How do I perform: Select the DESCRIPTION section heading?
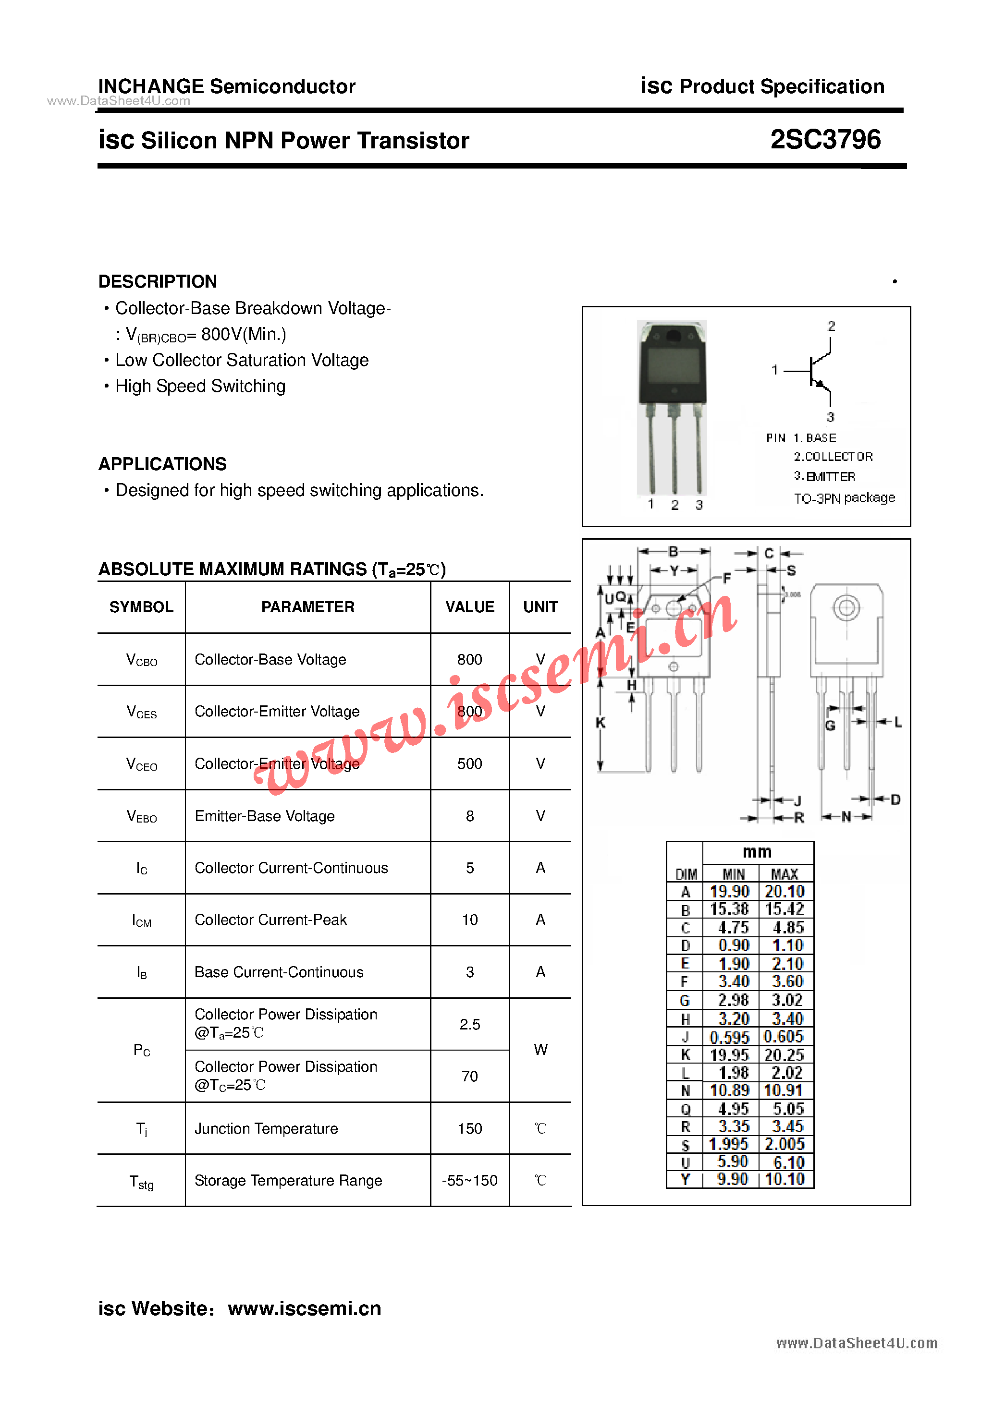pyautogui.click(x=157, y=281)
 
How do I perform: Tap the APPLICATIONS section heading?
pyautogui.click(x=162, y=464)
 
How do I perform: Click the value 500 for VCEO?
pyautogui.click(x=469, y=764)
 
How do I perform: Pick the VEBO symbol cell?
pyautogui.click(x=141, y=816)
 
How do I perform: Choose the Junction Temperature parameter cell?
pyautogui.click(x=266, y=1129)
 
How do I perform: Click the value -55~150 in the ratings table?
pyautogui.click(x=469, y=1181)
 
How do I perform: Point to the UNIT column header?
pyautogui.click(x=540, y=607)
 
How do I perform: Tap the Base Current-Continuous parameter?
pyautogui.click(x=279, y=972)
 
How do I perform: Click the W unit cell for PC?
pyautogui.click(x=540, y=1050)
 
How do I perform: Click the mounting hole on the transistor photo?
pyautogui.click(x=673, y=336)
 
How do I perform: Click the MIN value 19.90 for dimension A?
pyautogui.click(x=729, y=892)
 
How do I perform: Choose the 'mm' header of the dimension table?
pyautogui.click(x=757, y=852)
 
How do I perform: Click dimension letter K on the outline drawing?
pyautogui.click(x=600, y=723)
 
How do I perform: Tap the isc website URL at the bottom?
pyautogui.click(x=304, y=1308)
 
